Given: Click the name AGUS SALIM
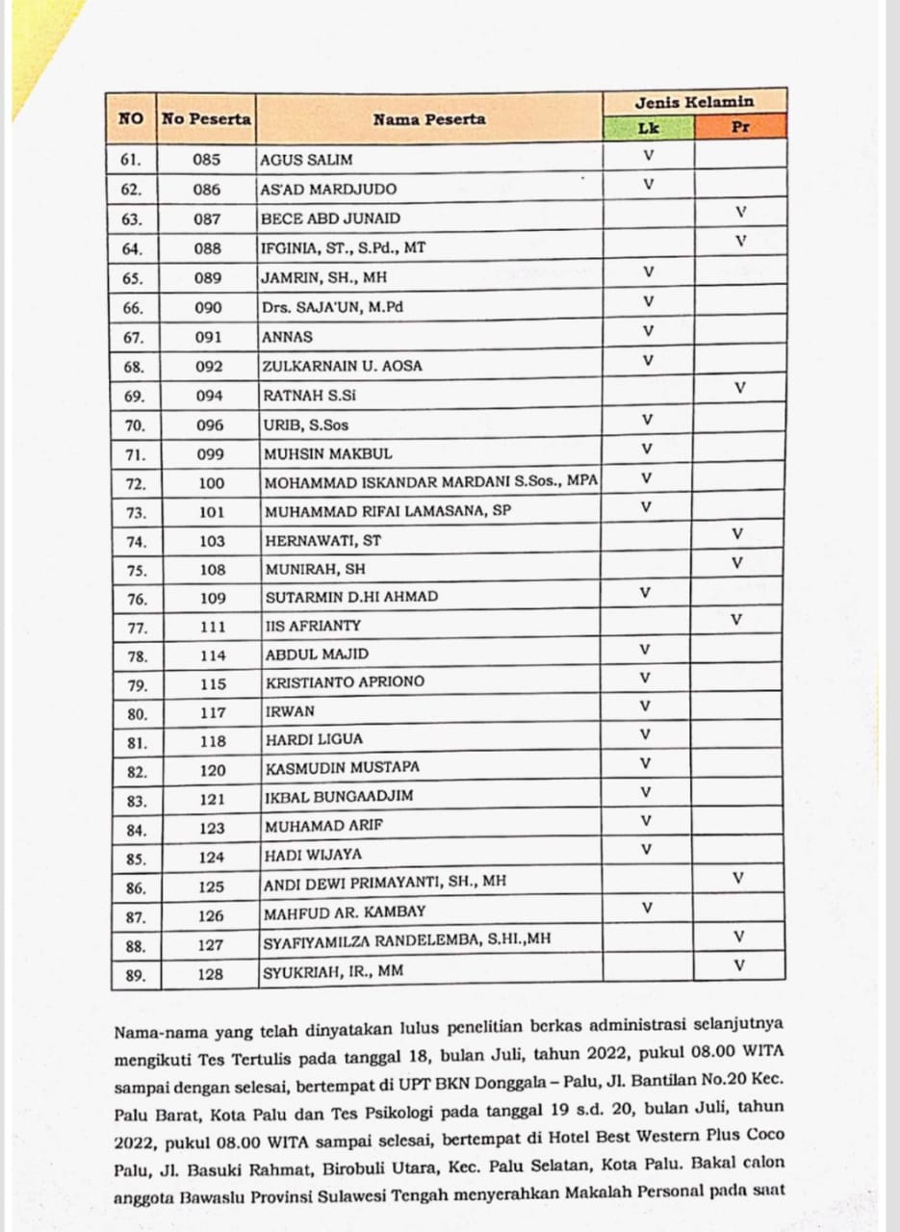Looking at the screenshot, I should coord(307,160).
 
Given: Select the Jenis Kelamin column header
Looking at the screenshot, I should coord(694,102).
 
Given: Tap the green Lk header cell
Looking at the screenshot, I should coord(648,127).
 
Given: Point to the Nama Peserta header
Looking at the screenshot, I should coord(429,119).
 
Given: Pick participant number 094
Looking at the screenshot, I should coord(208,396).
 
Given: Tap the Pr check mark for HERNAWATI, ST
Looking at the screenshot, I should coord(737,533).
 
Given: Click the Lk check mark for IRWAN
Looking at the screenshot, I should coord(646,706).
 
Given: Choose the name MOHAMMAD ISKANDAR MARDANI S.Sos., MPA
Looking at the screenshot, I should coord(431,482).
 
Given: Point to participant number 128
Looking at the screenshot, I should coord(211,974).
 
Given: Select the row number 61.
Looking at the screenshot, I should coord(132,160).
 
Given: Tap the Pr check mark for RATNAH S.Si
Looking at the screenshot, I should coord(739,388).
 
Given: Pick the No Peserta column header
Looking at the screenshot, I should coord(206,119).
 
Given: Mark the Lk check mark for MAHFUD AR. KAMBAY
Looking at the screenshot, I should coord(647,907).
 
